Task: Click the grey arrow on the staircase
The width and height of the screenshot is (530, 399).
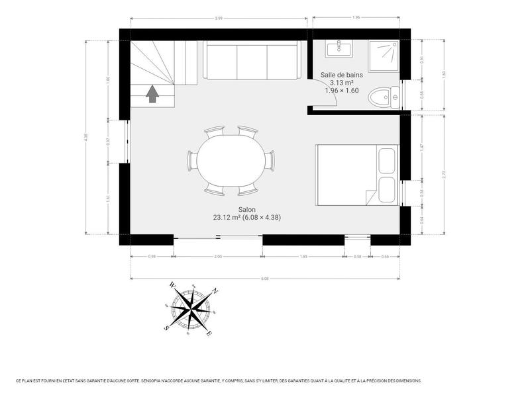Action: (153, 95)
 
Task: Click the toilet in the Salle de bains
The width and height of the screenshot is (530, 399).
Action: (383, 98)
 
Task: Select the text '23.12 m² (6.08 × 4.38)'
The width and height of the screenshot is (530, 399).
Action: (242, 217)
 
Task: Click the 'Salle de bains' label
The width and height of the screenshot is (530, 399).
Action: (341, 75)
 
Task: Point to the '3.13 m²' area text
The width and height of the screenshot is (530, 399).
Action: (341, 83)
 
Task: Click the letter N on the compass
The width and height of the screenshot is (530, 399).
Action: (215, 290)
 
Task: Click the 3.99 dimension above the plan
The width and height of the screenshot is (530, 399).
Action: (219, 17)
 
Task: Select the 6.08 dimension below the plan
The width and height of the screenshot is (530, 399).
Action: (265, 279)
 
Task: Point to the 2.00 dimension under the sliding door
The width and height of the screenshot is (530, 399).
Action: (218, 256)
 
